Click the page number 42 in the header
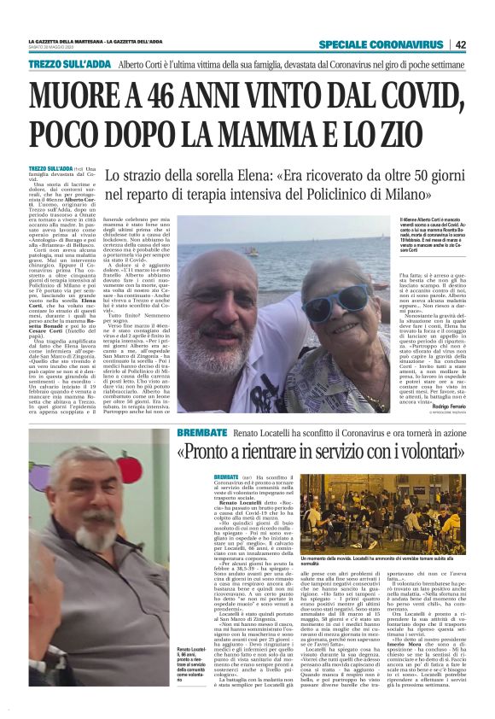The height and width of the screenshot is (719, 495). (461, 44)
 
